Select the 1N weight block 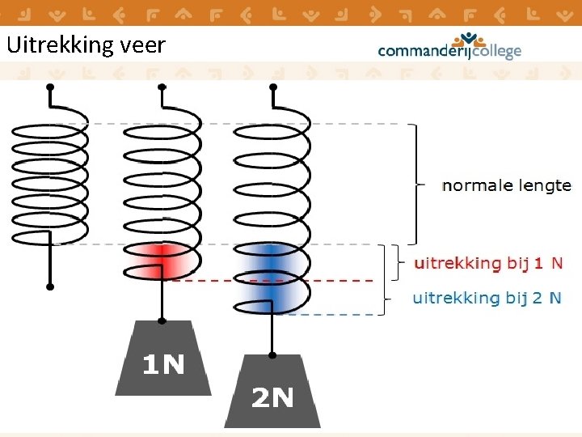tap(163, 361)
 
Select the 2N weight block tap(272, 393)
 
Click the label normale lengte tap(506, 185)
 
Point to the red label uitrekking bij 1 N tap(488, 263)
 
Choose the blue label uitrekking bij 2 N tap(487, 298)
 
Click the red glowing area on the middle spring tap(162, 261)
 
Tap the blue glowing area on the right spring tap(271, 278)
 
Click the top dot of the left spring tap(50, 86)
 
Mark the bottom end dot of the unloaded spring tap(50, 286)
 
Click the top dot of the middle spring tap(162, 86)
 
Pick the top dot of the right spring tap(272, 86)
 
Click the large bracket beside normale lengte tap(415, 185)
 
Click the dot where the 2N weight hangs tap(272, 354)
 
